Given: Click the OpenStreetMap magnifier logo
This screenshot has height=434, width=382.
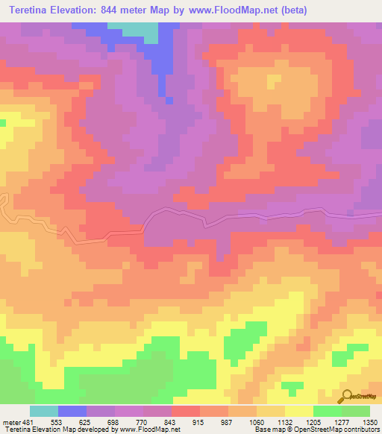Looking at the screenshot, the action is pyautogui.click(x=348, y=396).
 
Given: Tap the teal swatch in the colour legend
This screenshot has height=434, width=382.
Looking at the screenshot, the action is pyautogui.click(x=44, y=411).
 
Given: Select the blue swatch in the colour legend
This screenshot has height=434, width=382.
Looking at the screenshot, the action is pyautogui.click(x=72, y=411).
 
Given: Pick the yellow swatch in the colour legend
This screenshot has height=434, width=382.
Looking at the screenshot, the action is pyautogui.click(x=299, y=411).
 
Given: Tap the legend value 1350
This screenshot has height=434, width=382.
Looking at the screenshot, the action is pyautogui.click(x=370, y=422).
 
